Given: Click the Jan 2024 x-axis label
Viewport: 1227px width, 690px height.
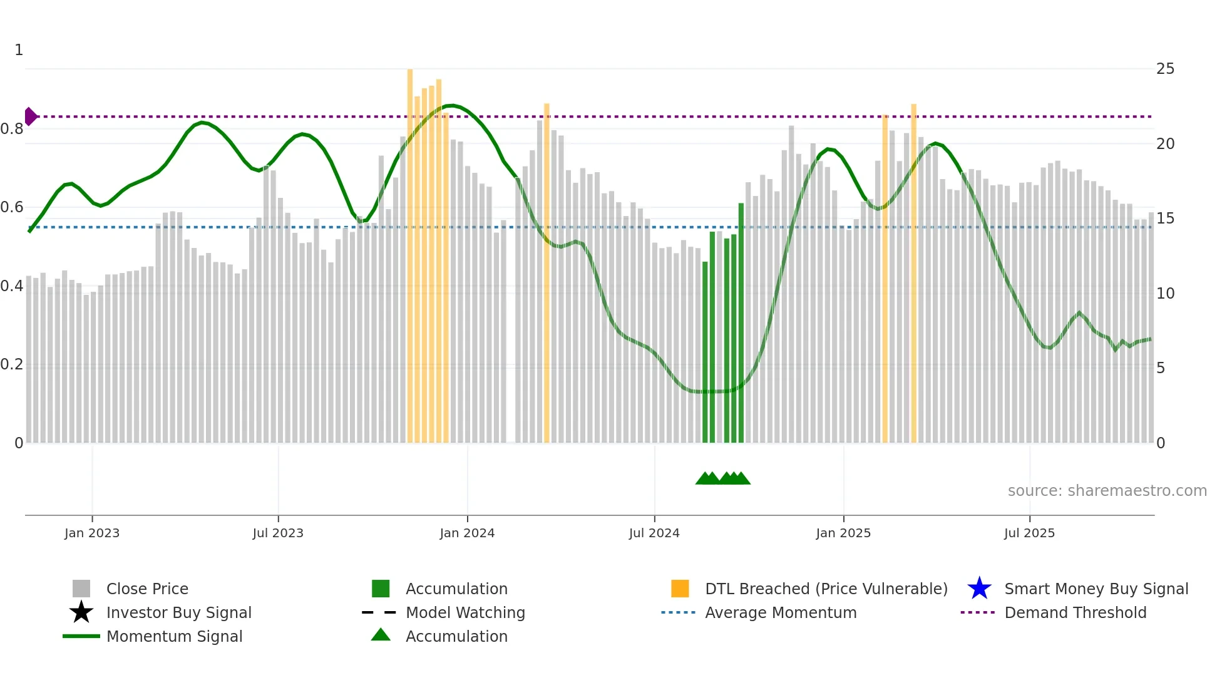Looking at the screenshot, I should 467,533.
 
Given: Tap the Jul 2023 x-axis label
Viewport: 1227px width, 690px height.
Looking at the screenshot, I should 278,533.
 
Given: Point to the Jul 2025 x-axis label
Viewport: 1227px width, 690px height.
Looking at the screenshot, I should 1029,533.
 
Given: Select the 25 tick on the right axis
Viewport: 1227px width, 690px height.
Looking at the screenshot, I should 1165,69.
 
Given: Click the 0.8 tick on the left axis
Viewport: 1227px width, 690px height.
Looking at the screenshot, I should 12,129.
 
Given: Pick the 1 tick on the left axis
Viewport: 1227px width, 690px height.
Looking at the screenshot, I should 19,50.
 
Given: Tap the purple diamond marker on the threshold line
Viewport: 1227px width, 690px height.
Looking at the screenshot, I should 30,116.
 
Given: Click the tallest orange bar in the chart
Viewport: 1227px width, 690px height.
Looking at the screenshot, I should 410,250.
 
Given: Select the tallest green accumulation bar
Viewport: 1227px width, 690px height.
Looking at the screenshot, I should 741,322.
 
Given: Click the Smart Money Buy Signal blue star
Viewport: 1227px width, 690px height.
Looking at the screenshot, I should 979,589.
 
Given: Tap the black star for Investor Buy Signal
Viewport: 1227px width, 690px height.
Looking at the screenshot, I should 81,612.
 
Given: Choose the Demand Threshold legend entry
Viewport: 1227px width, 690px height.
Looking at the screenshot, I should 1075,612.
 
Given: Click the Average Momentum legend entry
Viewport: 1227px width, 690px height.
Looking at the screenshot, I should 780,612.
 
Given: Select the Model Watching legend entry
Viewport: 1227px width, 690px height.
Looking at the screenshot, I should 465,612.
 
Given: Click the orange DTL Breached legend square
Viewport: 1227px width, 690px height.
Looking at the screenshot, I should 680,589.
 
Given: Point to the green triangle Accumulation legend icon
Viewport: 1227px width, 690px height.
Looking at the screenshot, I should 381,635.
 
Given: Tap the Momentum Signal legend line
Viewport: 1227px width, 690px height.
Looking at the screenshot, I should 81,636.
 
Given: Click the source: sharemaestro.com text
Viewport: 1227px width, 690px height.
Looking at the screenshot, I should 1107,491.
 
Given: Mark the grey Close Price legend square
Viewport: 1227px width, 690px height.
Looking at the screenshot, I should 81,589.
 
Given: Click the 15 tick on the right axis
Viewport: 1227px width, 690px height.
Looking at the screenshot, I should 1165,219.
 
